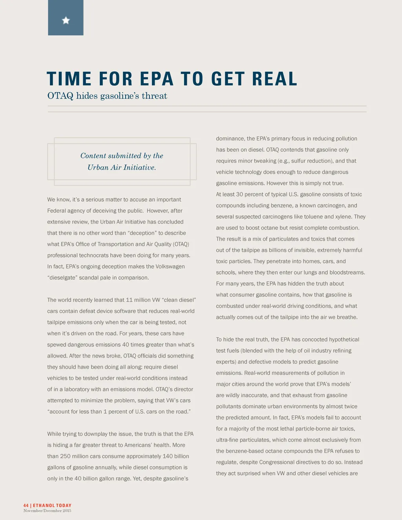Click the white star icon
(66, 20)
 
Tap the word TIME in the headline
(69, 79)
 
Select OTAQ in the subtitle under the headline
(60, 96)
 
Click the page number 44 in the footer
(26, 505)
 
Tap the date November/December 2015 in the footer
(47, 511)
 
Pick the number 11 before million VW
(130, 300)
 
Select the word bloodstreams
(347, 272)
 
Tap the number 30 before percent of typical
(239, 195)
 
